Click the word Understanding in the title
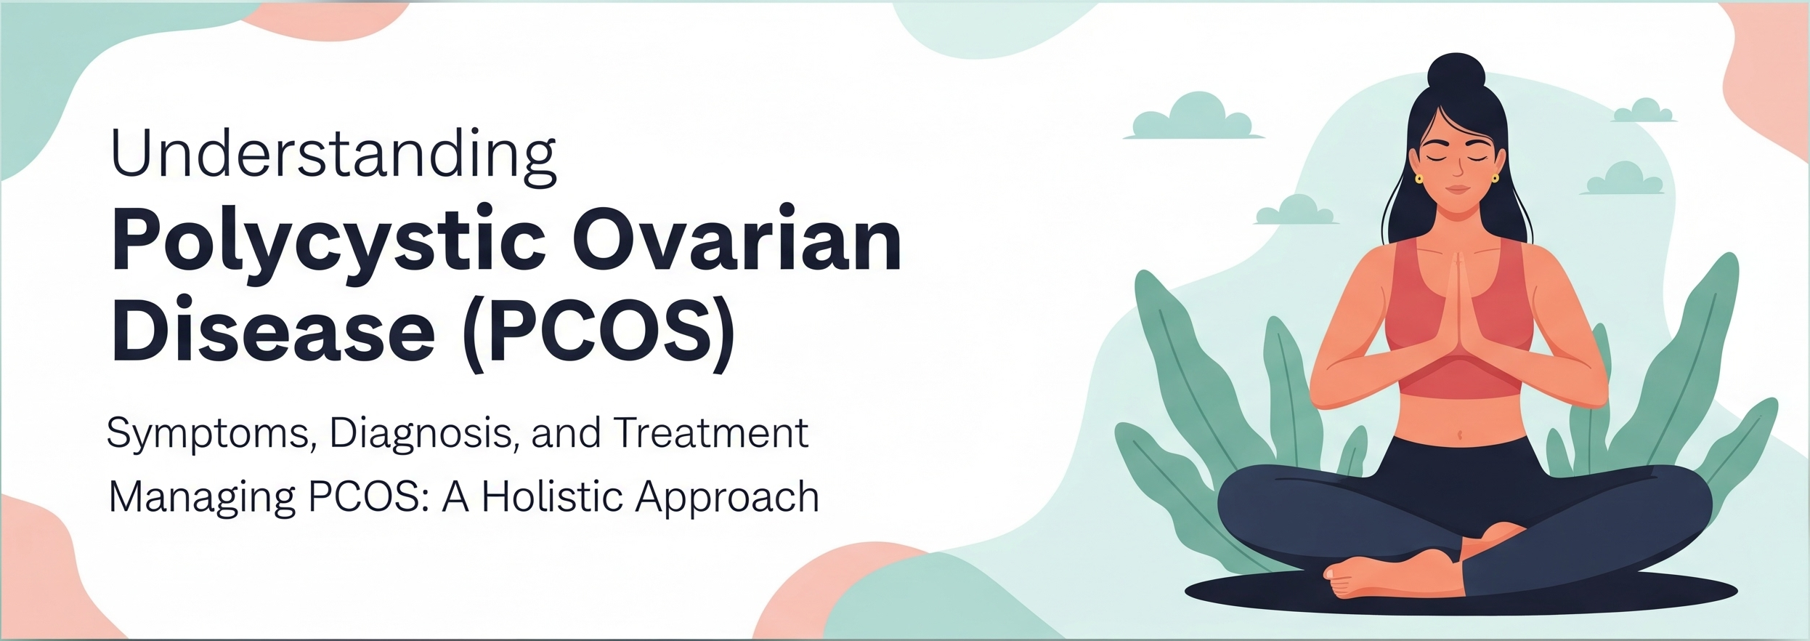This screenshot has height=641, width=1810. click(333, 156)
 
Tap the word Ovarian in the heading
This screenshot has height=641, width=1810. click(736, 238)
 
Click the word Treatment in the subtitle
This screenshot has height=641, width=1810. click(711, 433)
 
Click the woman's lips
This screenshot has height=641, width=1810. click(1457, 190)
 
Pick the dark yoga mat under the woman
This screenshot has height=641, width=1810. click(1461, 592)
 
